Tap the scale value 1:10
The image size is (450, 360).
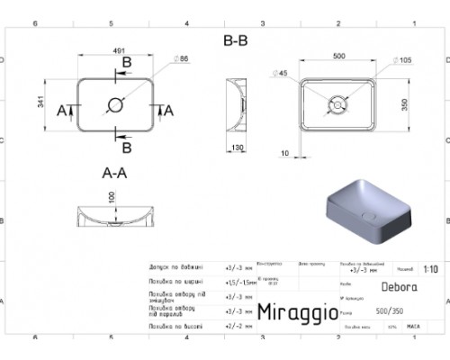431,268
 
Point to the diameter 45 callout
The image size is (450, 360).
283,73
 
